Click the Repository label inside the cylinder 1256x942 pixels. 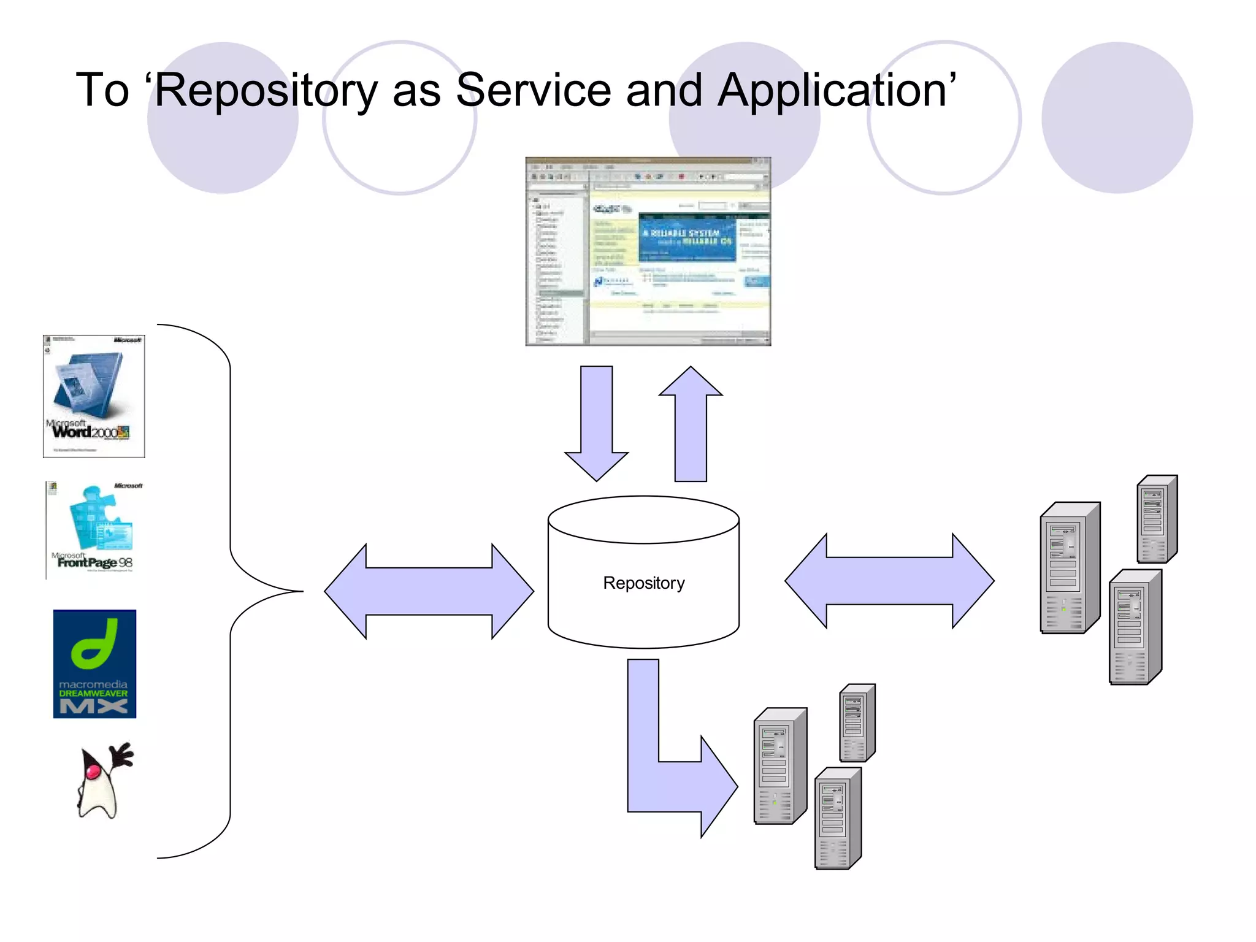point(643,583)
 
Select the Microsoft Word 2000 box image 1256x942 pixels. point(94,396)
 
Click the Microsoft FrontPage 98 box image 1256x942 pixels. point(95,529)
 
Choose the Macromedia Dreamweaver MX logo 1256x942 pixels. point(94,664)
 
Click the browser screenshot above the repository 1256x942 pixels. point(648,251)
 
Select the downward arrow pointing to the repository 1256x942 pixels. point(596,423)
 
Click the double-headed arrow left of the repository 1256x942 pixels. point(429,591)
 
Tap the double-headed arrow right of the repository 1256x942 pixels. point(889,581)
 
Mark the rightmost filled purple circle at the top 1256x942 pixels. point(1117,118)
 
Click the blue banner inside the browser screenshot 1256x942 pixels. point(687,238)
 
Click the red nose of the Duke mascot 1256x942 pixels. point(93,770)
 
